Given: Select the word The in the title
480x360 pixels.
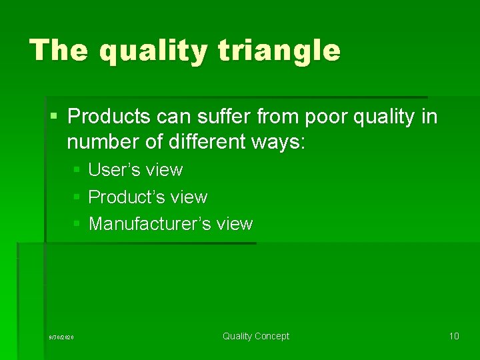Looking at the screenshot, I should pos(59,51).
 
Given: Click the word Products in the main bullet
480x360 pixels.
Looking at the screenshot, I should pos(109,117).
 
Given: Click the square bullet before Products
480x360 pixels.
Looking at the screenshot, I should pos(54,117).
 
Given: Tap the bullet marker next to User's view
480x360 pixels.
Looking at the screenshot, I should pos(77,171).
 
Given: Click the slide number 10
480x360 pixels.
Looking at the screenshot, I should pos(454,336).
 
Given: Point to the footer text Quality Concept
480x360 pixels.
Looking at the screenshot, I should pos(256,336).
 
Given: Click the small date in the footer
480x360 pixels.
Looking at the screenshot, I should pos(62,337).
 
